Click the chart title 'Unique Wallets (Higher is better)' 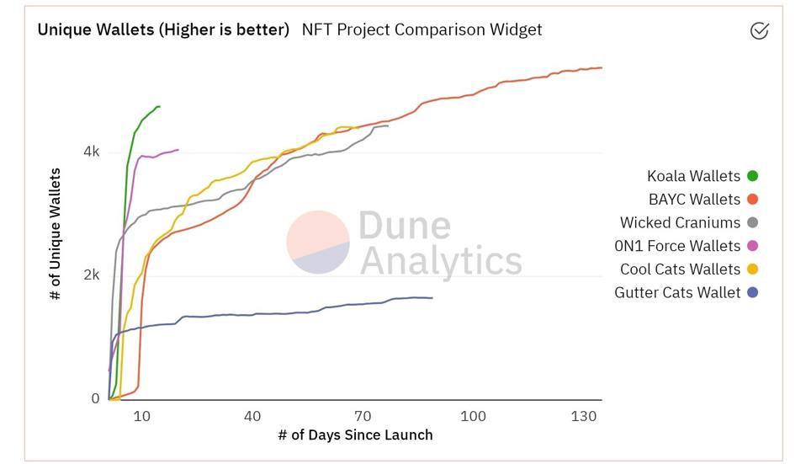coord(163,29)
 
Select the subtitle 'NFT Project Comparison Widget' coord(422,29)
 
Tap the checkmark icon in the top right coord(759,31)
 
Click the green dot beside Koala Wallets coord(752,176)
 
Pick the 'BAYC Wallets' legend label coord(694,200)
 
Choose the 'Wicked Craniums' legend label coord(680,223)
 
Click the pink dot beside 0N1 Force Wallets coord(752,246)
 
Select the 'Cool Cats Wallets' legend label coord(680,269)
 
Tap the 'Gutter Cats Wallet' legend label coord(677,293)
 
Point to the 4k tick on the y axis coord(91,152)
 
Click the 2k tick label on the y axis coord(91,275)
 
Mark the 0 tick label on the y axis coord(95,399)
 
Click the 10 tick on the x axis coord(141,416)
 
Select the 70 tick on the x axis coord(363,416)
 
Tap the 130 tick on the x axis coord(584,416)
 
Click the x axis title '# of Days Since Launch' coord(355,435)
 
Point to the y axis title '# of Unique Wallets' coord(56,234)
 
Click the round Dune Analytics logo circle coord(318,242)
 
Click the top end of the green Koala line coord(159,107)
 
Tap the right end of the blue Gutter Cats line coord(432,298)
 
